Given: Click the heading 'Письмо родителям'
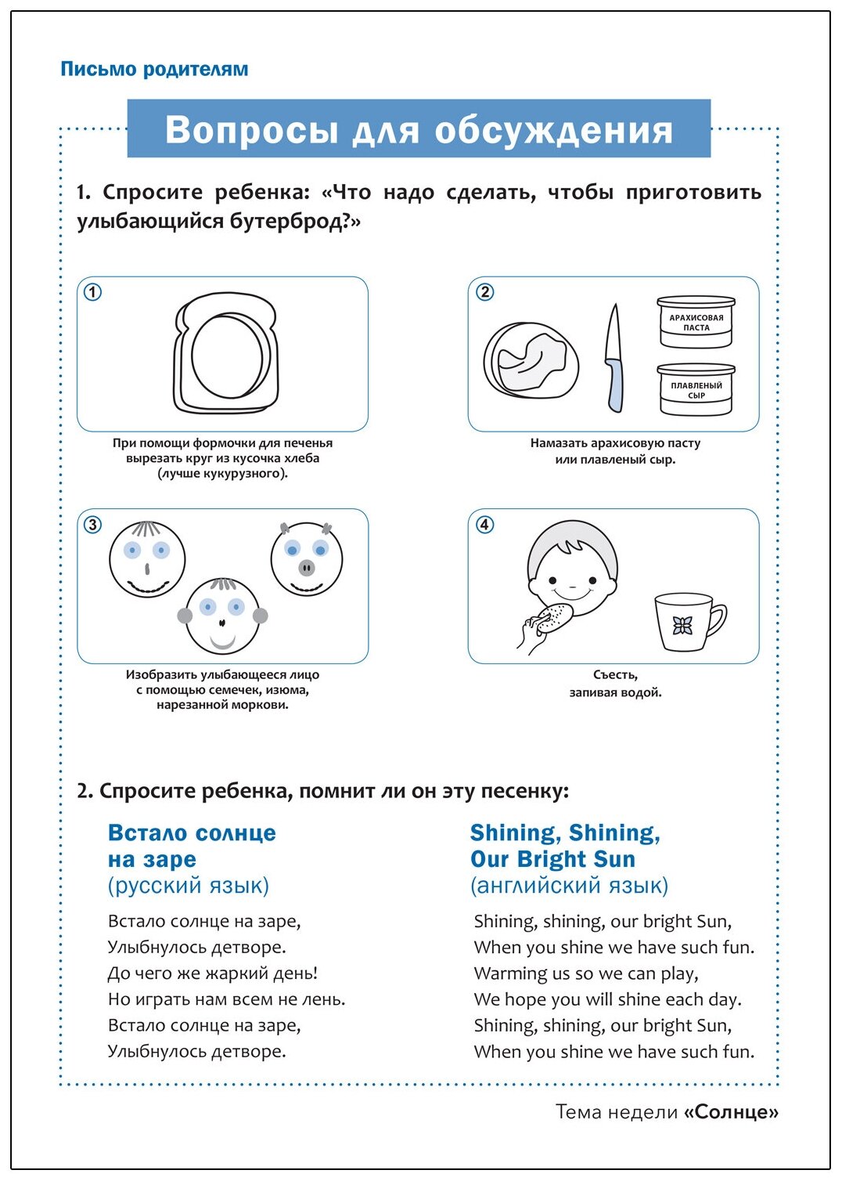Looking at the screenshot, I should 154,69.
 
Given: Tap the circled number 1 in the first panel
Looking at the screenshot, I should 92,292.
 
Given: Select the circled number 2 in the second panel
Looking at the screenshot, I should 485,292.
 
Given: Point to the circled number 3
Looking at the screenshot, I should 92,525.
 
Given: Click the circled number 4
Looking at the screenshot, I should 485,525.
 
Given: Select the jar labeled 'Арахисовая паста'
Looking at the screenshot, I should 696,322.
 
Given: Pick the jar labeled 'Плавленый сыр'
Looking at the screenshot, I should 696,389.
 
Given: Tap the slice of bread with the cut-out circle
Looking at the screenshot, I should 225,352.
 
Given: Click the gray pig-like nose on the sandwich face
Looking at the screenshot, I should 307,568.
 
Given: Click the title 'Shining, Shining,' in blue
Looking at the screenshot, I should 565,833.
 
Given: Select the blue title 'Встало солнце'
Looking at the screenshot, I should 192,833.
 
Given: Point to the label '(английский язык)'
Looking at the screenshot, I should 569,886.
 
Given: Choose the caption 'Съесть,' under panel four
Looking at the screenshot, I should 615,675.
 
